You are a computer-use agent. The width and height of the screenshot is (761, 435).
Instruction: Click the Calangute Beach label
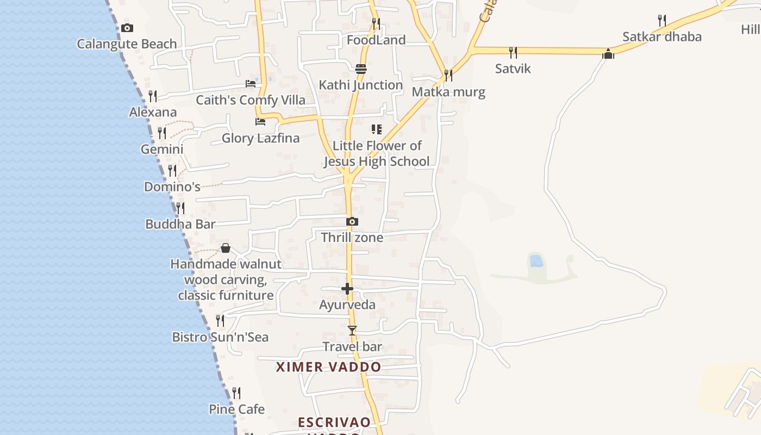(127, 44)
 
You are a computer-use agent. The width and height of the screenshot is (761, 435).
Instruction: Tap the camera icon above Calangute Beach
(127, 28)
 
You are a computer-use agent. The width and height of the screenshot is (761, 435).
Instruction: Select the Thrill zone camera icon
(352, 222)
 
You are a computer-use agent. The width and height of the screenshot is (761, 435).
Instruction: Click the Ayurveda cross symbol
(347, 289)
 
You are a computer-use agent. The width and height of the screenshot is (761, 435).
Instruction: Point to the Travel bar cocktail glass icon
(352, 330)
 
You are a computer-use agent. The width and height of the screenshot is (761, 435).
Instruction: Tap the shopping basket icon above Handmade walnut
(226, 248)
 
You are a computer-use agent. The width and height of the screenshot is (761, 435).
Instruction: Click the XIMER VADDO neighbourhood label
(328, 367)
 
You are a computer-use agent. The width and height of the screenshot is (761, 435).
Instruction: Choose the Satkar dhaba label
(662, 37)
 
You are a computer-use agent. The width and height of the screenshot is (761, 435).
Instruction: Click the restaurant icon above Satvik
(513, 52)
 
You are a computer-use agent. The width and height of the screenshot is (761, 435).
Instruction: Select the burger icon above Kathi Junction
(361, 69)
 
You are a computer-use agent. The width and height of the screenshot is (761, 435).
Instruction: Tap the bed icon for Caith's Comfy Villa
(251, 84)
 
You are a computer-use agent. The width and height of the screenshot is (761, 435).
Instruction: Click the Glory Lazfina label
(260, 138)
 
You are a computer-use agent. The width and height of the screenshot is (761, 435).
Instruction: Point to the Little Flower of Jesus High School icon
(376, 129)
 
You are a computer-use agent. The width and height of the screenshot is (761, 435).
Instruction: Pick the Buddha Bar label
(180, 224)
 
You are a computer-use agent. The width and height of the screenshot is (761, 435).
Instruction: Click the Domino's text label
(172, 187)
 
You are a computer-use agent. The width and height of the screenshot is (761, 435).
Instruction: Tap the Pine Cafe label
(236, 409)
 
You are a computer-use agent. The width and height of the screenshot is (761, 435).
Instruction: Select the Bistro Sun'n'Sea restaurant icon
(220, 321)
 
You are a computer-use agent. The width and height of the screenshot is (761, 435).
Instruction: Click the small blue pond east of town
(537, 261)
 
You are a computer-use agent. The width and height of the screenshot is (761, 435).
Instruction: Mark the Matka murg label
(448, 92)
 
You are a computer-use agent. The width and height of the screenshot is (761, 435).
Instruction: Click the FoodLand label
(376, 40)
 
